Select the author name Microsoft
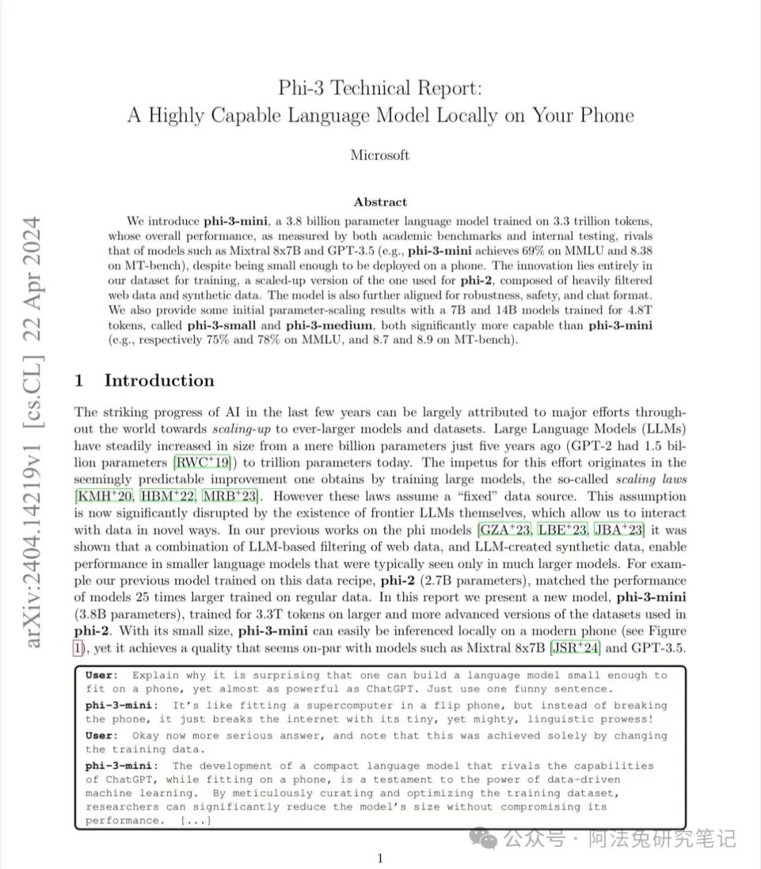380,155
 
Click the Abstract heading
380,202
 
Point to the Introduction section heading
159,380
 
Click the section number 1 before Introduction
80,381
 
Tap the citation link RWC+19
203,463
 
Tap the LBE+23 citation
562,530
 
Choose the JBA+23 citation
619,530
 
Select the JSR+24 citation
575,648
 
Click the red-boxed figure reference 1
78,648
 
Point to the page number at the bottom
380,858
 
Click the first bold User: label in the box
102,675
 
